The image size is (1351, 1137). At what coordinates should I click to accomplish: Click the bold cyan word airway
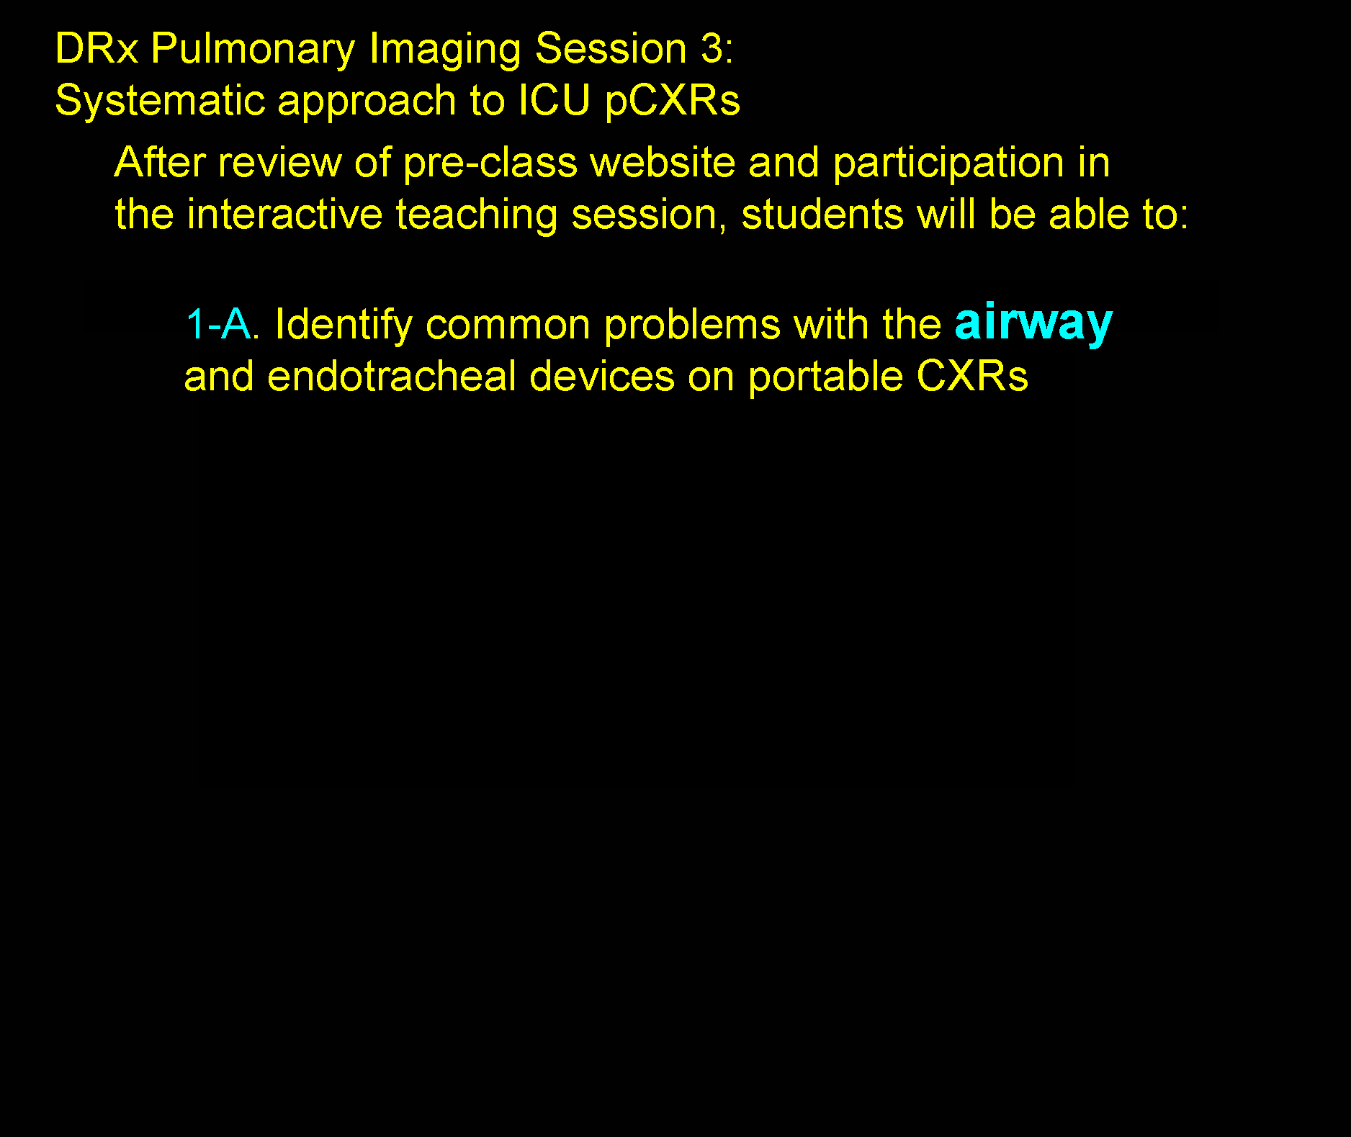(x=1033, y=323)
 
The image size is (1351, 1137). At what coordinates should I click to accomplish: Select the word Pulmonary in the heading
(x=253, y=50)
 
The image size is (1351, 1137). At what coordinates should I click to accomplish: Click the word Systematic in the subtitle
(x=160, y=100)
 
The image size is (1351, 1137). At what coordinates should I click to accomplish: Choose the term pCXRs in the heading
(x=673, y=101)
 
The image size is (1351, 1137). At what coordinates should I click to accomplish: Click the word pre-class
(x=490, y=163)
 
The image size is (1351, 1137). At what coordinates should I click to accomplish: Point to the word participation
(x=948, y=163)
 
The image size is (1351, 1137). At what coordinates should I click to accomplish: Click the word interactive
(x=284, y=214)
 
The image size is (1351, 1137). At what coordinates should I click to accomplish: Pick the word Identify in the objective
(x=344, y=325)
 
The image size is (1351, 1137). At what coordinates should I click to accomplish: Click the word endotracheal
(x=392, y=376)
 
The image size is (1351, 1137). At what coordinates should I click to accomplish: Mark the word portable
(x=825, y=377)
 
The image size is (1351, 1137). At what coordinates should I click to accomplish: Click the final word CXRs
(x=972, y=376)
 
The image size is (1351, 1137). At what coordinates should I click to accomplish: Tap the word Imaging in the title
(x=444, y=50)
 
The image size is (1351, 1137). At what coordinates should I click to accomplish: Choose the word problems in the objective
(x=692, y=325)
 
